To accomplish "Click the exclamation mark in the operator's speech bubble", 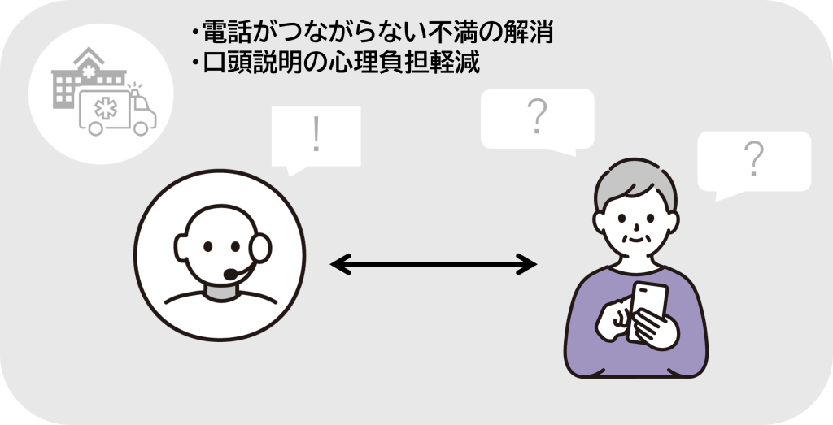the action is pyautogui.click(x=316, y=137).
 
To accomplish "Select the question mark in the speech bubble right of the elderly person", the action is pyautogui.click(x=753, y=158).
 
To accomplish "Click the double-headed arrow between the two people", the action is pyautogui.click(x=433, y=264).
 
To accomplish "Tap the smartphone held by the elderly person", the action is pyautogui.click(x=648, y=309).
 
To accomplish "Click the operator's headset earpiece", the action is pyautogui.click(x=262, y=245).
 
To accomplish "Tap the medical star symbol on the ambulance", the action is pyautogui.click(x=104, y=108).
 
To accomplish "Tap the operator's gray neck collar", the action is pyautogui.click(x=220, y=290).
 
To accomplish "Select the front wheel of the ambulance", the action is pyautogui.click(x=143, y=128).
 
